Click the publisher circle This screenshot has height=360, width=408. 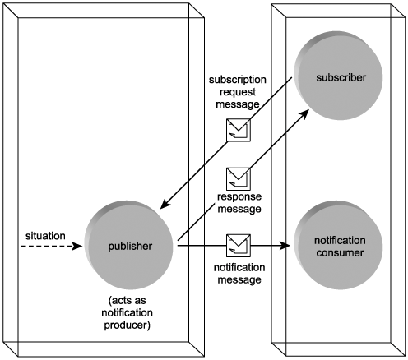click(x=128, y=245)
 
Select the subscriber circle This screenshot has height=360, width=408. click(x=338, y=76)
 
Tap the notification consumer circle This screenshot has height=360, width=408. click(x=338, y=245)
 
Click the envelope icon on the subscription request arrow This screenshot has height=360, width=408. click(x=239, y=130)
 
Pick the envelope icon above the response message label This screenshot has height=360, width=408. click(x=239, y=179)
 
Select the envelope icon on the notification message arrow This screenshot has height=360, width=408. click(x=239, y=246)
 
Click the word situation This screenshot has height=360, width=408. click(x=45, y=236)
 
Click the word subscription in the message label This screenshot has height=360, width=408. click(x=238, y=80)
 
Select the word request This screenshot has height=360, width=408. click(x=238, y=92)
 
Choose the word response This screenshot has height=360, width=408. click(x=239, y=196)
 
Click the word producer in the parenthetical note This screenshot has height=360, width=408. click(x=127, y=325)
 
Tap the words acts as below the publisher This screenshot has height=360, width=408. click(x=128, y=301)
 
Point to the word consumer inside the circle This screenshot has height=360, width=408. click(x=340, y=252)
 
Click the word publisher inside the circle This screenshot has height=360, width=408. click(x=130, y=247)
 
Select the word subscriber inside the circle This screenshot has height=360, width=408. click(x=341, y=77)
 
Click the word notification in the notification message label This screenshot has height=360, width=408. click(x=239, y=267)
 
